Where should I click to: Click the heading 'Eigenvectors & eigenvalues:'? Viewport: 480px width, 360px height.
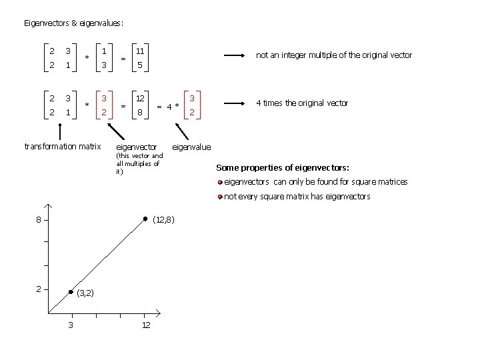tap(73, 23)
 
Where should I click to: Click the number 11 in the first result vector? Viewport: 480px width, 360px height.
tap(141, 51)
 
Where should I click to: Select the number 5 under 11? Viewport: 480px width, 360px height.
tap(140, 65)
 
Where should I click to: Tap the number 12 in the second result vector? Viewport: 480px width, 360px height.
tap(141, 99)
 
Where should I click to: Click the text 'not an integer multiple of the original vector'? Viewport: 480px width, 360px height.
tap(334, 55)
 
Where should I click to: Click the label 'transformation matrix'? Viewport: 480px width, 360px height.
tap(62, 147)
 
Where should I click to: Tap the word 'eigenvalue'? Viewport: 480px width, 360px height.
tap(191, 147)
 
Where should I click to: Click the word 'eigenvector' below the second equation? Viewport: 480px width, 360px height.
tap(137, 147)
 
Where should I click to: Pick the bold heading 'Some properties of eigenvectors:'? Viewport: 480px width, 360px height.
tap(283, 167)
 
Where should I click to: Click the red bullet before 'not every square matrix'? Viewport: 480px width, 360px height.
tap(220, 197)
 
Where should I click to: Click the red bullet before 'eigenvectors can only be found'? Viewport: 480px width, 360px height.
tap(220, 182)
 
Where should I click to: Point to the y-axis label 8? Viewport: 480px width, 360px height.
tap(39, 220)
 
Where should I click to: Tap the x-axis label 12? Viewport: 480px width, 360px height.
tap(146, 325)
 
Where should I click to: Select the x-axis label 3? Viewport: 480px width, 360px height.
tap(71, 325)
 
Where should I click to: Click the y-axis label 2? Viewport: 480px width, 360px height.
tap(39, 289)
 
